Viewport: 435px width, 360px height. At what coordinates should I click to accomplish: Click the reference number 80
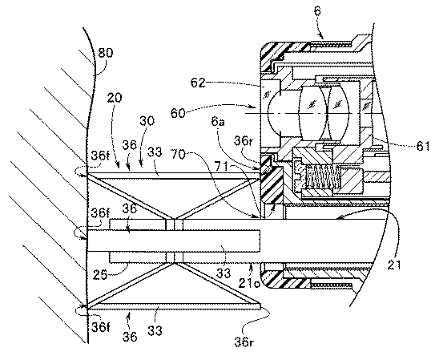pos(106,52)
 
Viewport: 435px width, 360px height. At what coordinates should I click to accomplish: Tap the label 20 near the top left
pos(115,98)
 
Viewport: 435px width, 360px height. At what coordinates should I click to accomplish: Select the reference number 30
pos(147,121)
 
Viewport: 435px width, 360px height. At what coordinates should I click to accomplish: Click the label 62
pos(198,83)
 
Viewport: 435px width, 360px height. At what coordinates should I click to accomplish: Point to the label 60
pos(178,113)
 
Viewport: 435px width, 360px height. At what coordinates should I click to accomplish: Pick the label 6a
pos(218,121)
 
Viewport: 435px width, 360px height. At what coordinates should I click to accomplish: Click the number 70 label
pos(178,154)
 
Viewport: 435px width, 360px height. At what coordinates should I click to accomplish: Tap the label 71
pos(221,166)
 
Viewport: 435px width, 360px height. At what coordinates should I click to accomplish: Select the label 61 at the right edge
pos(423,146)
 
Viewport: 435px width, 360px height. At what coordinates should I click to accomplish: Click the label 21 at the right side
pos(394,265)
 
